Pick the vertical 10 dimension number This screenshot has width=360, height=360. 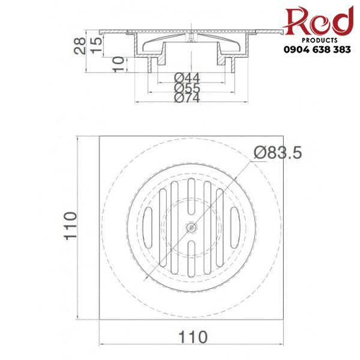click(118, 62)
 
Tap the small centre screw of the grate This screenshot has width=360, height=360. click(191, 227)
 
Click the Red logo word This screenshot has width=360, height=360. click(318, 22)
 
